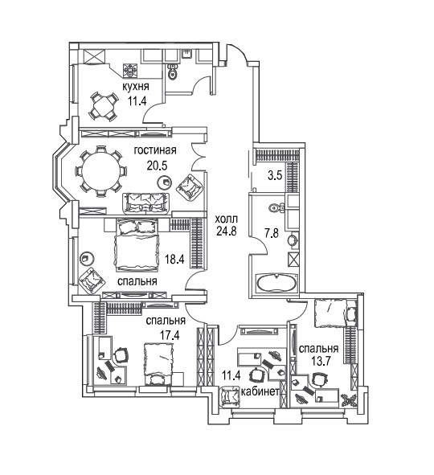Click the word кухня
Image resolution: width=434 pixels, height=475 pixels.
tap(136, 87)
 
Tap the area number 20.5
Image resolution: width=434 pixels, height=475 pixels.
tap(157, 166)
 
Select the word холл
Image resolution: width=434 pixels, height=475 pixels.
tap(226, 219)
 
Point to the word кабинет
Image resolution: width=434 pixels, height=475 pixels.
tap(260, 391)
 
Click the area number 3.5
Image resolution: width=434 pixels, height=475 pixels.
tap(275, 175)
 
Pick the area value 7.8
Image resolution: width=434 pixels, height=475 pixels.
tap(272, 234)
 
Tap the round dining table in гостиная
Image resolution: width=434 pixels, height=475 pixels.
tap(100, 171)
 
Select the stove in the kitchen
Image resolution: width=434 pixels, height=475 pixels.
tap(130, 71)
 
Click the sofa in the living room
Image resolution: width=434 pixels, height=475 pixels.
tap(145, 203)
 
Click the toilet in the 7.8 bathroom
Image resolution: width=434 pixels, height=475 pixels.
tap(275, 207)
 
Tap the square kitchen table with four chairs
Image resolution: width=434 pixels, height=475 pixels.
tap(103, 106)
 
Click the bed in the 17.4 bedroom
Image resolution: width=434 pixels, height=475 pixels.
tap(158, 364)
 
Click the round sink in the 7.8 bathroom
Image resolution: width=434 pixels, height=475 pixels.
tap(293, 240)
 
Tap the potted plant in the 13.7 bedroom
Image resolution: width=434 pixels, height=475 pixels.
tap(349, 400)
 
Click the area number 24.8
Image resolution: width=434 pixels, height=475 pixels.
tap(226, 231)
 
